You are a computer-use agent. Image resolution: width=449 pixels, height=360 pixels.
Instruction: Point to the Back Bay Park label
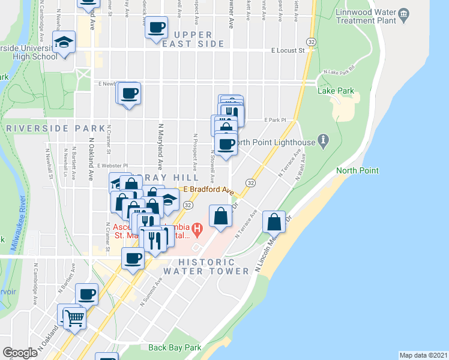pos(175,347)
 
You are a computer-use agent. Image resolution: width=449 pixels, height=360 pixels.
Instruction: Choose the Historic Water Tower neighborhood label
pos(214,266)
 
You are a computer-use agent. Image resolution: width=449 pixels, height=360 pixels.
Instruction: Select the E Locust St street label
pos(288,51)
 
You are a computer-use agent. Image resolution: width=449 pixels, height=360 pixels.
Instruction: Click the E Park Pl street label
pos(276,120)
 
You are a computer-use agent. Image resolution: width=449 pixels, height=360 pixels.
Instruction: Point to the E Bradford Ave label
pos(208,190)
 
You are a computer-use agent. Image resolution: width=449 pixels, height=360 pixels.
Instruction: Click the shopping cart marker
pos(74,317)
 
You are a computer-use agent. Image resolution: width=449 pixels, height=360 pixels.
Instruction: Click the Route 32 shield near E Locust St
pos(311,41)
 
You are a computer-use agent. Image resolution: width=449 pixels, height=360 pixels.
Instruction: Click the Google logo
pos(20,353)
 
